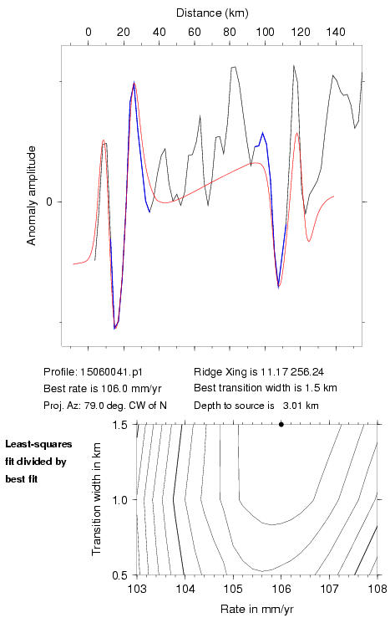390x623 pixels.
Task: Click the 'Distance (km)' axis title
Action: click(x=212, y=13)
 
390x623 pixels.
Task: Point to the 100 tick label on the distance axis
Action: click(x=265, y=32)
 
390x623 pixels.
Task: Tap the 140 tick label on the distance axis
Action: click(x=336, y=32)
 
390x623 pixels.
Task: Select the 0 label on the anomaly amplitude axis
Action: click(x=49, y=202)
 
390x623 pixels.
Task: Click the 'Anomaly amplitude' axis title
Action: click(x=31, y=196)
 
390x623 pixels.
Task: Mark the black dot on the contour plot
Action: click(x=281, y=424)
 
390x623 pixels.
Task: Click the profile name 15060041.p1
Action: click(x=111, y=372)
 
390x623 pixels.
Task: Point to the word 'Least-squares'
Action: click(x=38, y=444)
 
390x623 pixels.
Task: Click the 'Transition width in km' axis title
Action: click(x=96, y=499)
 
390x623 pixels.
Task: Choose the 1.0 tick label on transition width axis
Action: click(x=119, y=500)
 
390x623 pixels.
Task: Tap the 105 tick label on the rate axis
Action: click(x=233, y=589)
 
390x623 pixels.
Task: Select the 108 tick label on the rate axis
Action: click(x=377, y=589)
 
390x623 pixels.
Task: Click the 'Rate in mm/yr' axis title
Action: click(x=256, y=609)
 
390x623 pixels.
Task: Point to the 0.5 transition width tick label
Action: click(x=119, y=575)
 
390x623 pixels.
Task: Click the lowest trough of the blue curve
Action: click(x=114, y=329)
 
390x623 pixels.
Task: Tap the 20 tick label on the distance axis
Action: click(x=124, y=32)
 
